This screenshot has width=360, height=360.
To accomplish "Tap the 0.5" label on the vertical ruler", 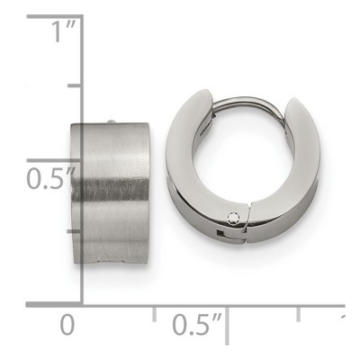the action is click(51, 178).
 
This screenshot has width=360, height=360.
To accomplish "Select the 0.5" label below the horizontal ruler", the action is click(197, 325).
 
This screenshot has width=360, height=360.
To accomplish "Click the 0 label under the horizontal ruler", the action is click(67, 325).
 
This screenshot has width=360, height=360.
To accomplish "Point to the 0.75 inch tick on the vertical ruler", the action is click(75, 85).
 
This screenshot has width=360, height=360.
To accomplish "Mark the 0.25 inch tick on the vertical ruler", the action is click(75, 231).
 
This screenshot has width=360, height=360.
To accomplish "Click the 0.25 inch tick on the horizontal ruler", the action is click(154, 313).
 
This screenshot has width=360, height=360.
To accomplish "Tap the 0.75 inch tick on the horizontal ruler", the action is click(298, 313).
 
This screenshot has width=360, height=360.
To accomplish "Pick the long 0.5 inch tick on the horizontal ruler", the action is click(227, 325).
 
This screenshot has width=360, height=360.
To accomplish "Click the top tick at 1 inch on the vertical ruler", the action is click(55, 17).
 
